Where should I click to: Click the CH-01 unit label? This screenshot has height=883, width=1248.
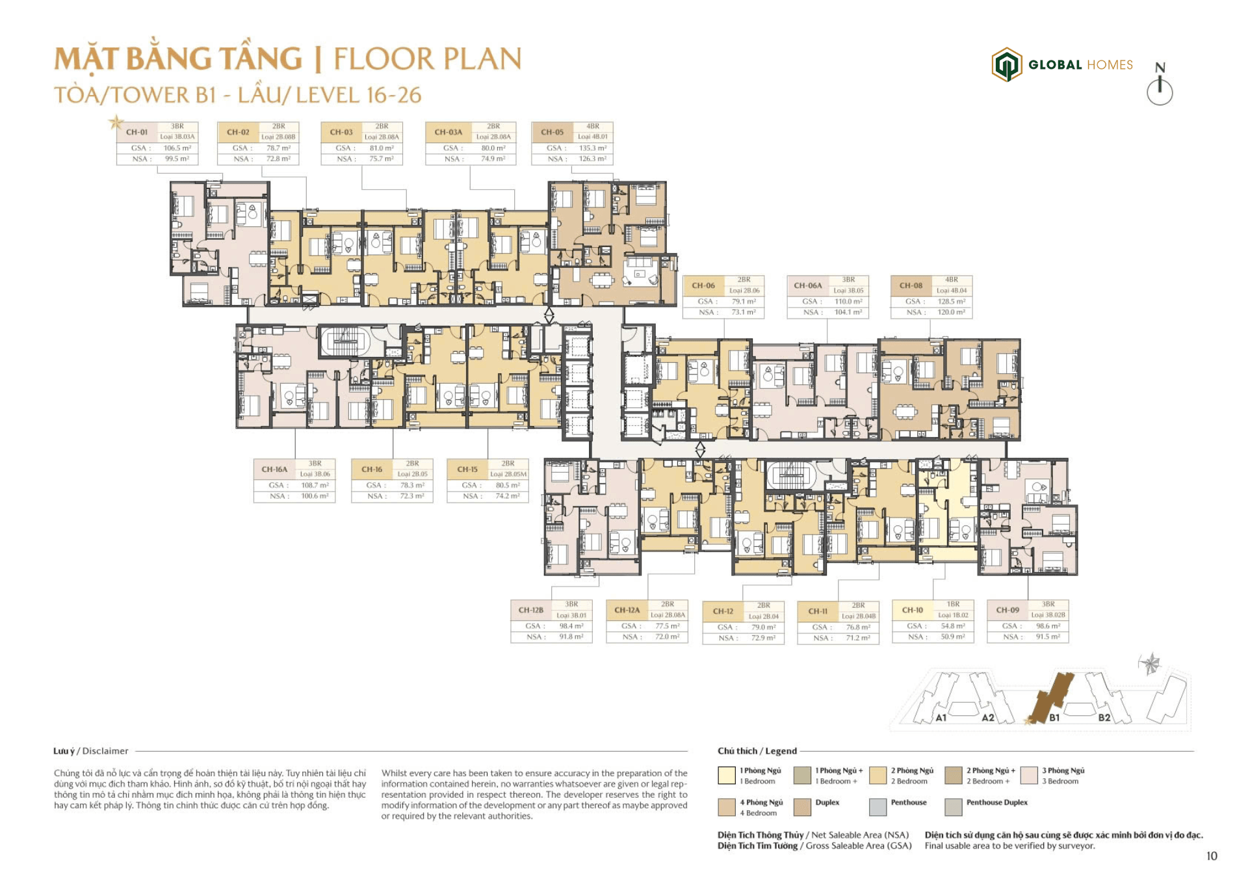click(x=137, y=132)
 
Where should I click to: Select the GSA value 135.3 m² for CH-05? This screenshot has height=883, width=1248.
click(x=592, y=148)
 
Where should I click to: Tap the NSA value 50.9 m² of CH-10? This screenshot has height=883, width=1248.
click(x=953, y=637)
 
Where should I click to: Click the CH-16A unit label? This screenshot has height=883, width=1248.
click(x=274, y=469)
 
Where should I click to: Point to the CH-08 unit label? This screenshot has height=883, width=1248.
click(x=911, y=285)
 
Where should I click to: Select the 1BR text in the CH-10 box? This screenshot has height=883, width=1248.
click(x=953, y=605)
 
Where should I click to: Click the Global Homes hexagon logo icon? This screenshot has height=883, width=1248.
click(x=1006, y=65)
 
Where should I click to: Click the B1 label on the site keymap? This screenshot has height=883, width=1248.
click(x=1054, y=718)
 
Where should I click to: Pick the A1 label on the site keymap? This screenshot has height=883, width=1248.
click(x=941, y=718)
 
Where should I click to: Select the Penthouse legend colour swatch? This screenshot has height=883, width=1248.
click(x=877, y=807)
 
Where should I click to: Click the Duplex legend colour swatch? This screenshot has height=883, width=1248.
click(x=802, y=807)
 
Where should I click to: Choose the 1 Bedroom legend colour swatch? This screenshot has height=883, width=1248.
click(x=727, y=776)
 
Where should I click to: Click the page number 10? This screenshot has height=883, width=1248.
click(x=1212, y=856)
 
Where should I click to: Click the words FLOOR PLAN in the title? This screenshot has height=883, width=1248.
click(x=427, y=59)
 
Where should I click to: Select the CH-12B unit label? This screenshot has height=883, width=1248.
click(x=531, y=611)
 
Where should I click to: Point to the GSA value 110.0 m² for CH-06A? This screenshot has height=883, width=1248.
click(x=848, y=302)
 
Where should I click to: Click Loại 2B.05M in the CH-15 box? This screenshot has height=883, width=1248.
click(x=508, y=475)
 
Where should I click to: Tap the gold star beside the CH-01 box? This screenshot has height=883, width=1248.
click(x=116, y=122)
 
